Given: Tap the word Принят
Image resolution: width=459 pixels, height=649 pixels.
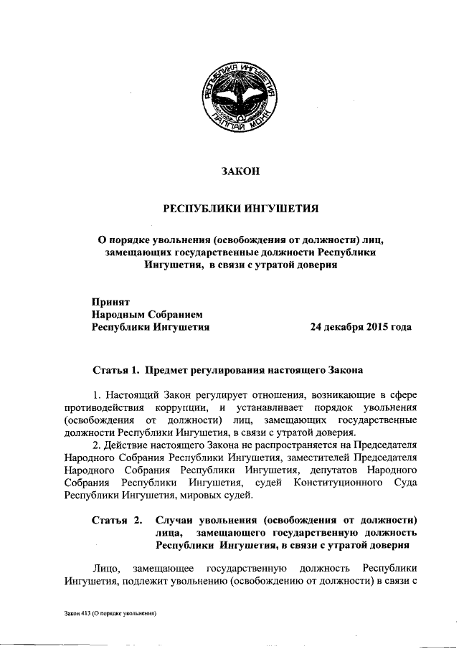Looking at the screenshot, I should tap(110, 301).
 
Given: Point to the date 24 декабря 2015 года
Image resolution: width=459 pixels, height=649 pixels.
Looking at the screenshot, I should tap(361, 327).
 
